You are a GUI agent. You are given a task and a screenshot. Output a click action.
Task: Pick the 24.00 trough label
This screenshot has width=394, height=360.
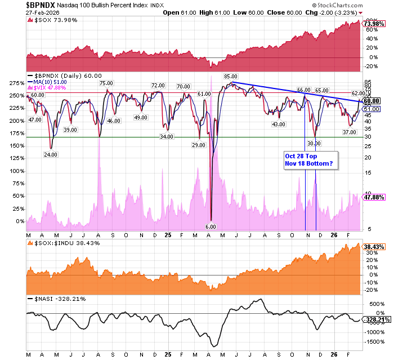(52, 154)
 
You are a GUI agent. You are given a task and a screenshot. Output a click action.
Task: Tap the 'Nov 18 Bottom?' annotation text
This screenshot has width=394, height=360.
(308, 163)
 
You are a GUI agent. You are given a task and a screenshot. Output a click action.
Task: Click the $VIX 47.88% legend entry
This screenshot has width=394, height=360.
(51, 88)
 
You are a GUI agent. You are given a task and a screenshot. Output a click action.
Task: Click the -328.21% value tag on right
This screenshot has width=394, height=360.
(374, 319)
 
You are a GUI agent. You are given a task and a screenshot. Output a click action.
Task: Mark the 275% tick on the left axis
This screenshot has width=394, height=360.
(16, 83)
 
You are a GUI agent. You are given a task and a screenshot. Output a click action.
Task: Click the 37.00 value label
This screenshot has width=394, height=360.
(350, 132)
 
